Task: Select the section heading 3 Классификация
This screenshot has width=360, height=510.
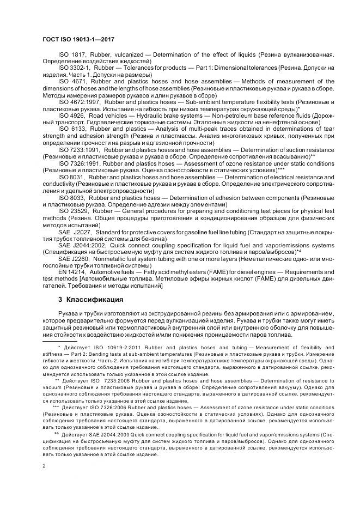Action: click(90, 300)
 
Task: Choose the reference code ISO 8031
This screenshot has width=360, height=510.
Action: click(71, 176)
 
